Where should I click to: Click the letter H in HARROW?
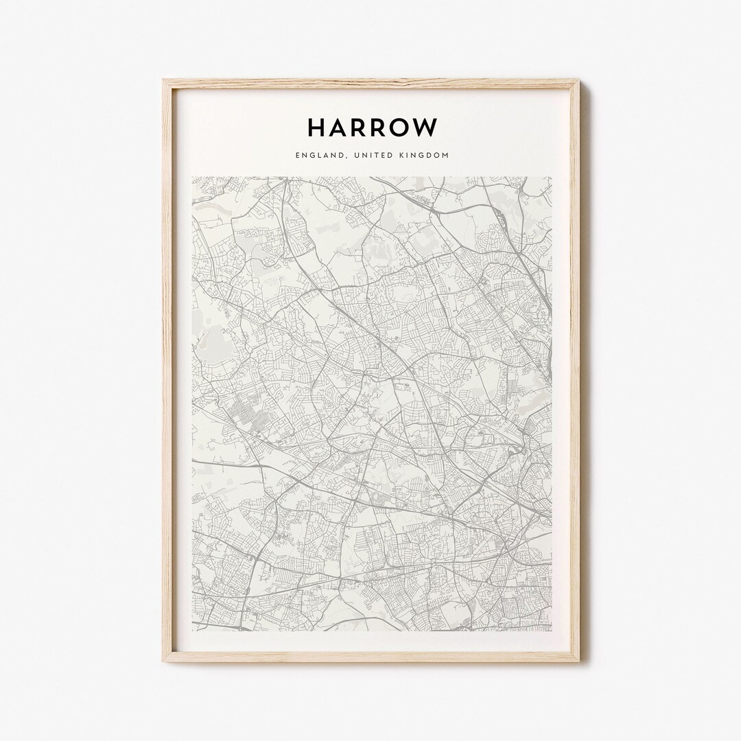[318, 127]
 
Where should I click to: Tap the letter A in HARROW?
[340, 127]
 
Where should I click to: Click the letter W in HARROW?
[427, 127]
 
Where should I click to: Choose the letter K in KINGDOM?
[401, 156]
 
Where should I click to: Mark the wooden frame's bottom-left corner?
[164, 661]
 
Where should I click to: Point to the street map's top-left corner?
[192, 177]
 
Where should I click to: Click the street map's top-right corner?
[552, 177]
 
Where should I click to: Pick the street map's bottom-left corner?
[192, 631]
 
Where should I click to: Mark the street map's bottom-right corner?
[552, 631]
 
